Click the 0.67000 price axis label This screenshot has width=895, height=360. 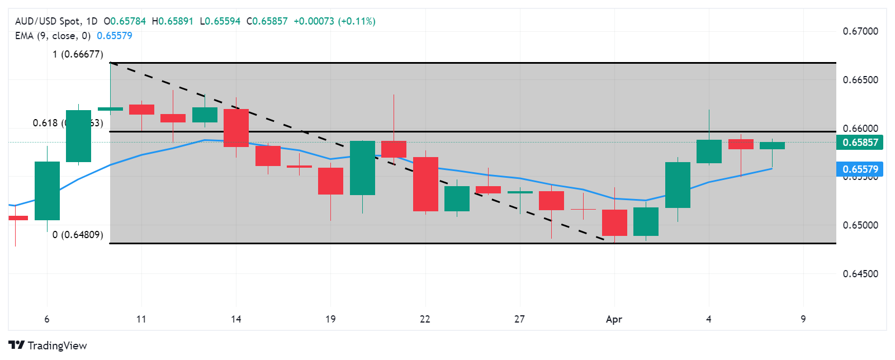pyautogui.click(x=860, y=31)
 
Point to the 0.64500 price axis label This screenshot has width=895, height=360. pyautogui.click(x=860, y=274)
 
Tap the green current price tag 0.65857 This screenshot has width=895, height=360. pyautogui.click(x=860, y=143)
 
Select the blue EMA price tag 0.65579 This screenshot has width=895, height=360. pyautogui.click(x=860, y=169)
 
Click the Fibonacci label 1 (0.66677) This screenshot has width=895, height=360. pyautogui.click(x=78, y=54)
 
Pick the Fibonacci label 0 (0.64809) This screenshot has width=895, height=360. pyautogui.click(x=78, y=235)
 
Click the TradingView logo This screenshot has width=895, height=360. pyautogui.click(x=48, y=345)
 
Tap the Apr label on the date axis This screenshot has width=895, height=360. pyautogui.click(x=614, y=319)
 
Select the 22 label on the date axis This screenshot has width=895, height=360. pyautogui.click(x=425, y=319)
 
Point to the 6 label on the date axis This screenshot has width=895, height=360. pyautogui.click(x=47, y=319)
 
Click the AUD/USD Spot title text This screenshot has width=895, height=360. pyautogui.click(x=48, y=21)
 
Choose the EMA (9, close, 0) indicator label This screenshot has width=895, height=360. pyautogui.click(x=53, y=36)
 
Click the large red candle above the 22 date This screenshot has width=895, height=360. pyautogui.click(x=425, y=184)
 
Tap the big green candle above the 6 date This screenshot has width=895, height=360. pyautogui.click(x=47, y=191)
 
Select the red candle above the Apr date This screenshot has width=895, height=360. pyautogui.click(x=614, y=222)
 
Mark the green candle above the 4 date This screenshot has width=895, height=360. pyautogui.click(x=709, y=151)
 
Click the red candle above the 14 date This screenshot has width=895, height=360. pyautogui.click(x=236, y=128)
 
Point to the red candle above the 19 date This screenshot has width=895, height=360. pyautogui.click(x=330, y=181)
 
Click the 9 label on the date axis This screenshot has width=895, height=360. pyautogui.click(x=803, y=319)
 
